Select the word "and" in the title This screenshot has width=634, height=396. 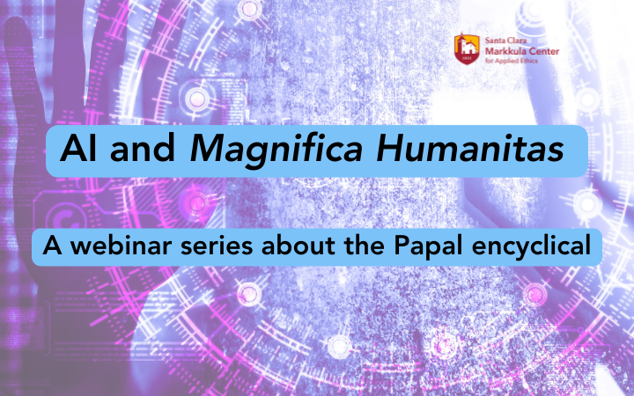pyautogui.click(x=143, y=148)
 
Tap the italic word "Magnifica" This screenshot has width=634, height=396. pyautogui.click(x=276, y=150)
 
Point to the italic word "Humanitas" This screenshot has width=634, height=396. pyautogui.click(x=469, y=148)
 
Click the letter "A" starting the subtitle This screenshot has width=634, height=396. pyautogui.click(x=52, y=246)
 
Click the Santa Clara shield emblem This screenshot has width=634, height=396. pyautogui.click(x=467, y=49)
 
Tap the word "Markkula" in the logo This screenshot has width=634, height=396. pyautogui.click(x=505, y=51)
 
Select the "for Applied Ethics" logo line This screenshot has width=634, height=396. pyautogui.click(x=511, y=61)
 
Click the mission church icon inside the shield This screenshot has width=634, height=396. pyautogui.click(x=467, y=47)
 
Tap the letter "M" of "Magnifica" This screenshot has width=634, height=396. pyautogui.click(x=208, y=149)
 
